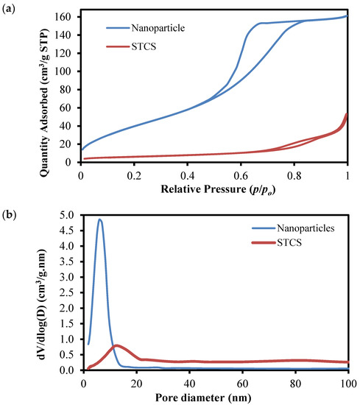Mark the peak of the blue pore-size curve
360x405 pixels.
point(99,219)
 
